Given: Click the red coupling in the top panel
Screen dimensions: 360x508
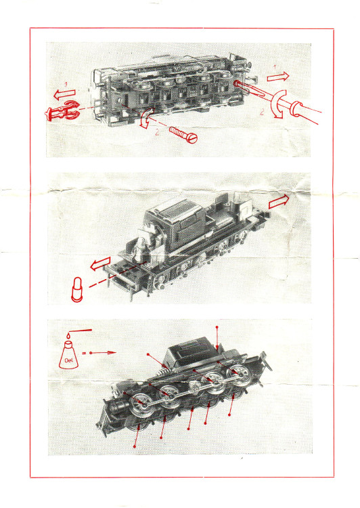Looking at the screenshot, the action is tap(63, 111).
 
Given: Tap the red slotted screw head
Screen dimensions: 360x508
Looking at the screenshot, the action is tap(192, 138).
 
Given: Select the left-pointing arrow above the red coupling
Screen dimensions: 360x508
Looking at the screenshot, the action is tap(64, 94).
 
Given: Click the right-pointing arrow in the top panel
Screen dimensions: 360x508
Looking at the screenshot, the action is tap(278, 77).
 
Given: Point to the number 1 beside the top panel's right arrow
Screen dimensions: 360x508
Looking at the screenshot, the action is tap(275, 67).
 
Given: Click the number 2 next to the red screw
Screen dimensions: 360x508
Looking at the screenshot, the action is tap(158, 133).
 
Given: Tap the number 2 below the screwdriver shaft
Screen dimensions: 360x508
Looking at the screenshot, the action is tap(262, 112).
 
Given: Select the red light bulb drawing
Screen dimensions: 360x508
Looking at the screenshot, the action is tap(77, 289).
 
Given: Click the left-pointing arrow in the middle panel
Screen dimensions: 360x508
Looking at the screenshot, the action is tap(100, 263).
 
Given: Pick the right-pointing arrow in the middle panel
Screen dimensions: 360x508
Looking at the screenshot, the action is tap(279, 201).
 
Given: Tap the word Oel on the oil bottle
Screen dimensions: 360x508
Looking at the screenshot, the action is tap(68, 360).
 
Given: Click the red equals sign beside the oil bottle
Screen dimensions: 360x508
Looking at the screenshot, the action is tap(84, 353).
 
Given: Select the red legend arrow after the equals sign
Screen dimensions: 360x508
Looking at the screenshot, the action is tap(103, 352).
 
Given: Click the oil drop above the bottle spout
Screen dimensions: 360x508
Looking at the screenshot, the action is tap(68, 336).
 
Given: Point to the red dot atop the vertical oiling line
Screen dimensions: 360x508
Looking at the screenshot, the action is tap(217, 327).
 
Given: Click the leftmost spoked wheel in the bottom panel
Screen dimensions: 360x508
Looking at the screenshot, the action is tap(141, 404).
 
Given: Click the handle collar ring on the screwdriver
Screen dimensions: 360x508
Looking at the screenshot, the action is tap(296, 108).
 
